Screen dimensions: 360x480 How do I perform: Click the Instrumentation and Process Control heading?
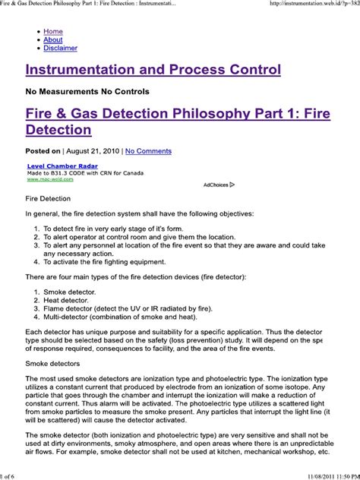pos(153,70)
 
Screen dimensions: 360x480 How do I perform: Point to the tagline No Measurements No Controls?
pos(87,92)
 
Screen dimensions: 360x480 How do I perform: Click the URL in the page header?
pos(312,5)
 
